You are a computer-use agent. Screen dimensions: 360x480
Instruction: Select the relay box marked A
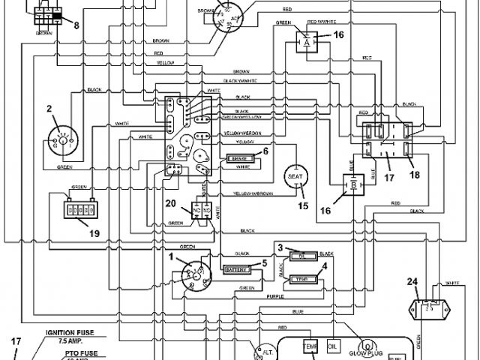[x=306, y=43]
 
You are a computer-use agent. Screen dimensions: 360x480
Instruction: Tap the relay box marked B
[x=352, y=184]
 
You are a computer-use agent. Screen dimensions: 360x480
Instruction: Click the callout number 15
[x=303, y=205]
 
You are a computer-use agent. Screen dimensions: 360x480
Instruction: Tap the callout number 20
[x=170, y=203]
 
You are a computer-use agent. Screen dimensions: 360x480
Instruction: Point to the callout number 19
[x=94, y=233]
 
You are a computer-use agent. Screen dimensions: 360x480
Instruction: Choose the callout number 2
[x=49, y=109]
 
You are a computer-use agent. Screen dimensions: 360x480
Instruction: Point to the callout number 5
[x=264, y=262]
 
